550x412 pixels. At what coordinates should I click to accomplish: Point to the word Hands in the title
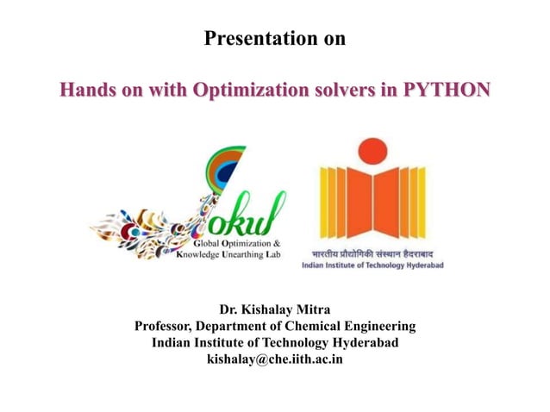(84, 89)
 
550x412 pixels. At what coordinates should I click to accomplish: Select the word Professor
(163, 327)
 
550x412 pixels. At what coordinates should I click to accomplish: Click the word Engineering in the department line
(379, 327)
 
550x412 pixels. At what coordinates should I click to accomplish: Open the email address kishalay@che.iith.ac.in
(275, 359)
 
